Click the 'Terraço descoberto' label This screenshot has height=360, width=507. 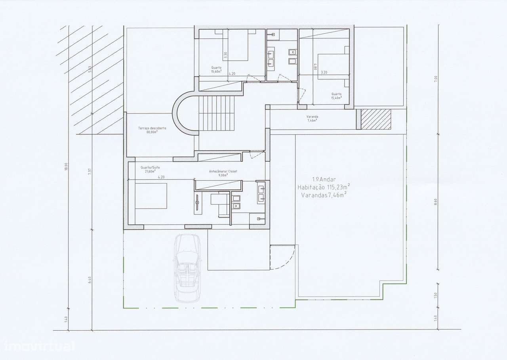152,128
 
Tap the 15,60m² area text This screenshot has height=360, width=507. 216,72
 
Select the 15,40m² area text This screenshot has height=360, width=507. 336,98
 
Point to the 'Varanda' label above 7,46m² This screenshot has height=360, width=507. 312,117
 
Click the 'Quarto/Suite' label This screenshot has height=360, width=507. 150,167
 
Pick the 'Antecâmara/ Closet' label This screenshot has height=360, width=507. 223,171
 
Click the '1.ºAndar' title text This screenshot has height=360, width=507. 324,179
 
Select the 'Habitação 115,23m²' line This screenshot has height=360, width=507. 324,187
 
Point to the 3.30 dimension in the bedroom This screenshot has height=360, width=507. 226,56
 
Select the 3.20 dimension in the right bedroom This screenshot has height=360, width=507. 324,73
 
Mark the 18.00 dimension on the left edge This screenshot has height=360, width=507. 67,167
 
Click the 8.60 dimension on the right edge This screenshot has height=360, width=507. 436,202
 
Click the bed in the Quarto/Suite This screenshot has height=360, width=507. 151,195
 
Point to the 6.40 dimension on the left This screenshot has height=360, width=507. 90,280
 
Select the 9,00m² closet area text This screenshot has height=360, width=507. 223,175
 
